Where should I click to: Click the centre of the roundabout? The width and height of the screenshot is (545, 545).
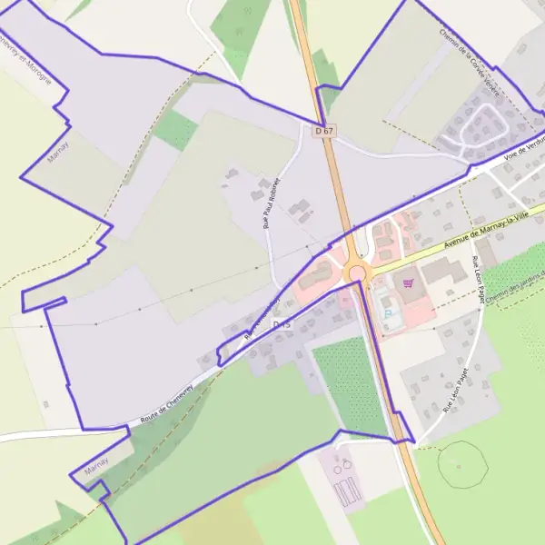click(357, 272)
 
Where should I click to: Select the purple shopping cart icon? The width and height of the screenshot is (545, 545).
click(408, 284)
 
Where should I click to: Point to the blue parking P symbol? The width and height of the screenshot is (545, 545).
click(389, 314)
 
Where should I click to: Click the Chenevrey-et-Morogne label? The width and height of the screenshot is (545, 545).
click(25, 58)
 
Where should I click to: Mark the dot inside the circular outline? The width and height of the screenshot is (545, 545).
click(459, 466)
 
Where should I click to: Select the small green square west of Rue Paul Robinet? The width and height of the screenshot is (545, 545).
click(175, 130)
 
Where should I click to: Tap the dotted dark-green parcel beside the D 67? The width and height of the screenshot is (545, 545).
click(351, 381)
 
